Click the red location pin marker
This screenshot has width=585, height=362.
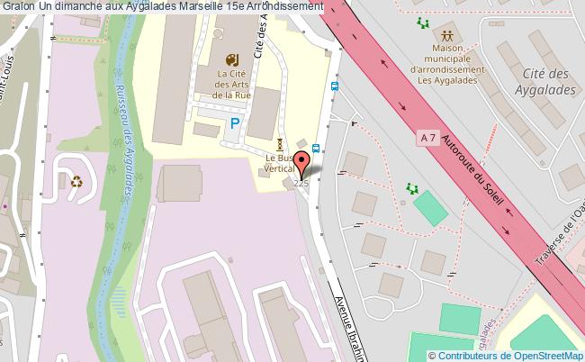pyautogui.click(x=302, y=163)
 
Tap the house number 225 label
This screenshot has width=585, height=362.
pyautogui.click(x=301, y=184)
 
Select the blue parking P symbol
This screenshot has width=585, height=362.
pyautogui.click(x=235, y=123)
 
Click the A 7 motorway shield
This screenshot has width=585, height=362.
pyautogui.click(x=430, y=137)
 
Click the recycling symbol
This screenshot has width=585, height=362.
pyautogui.click(x=77, y=180)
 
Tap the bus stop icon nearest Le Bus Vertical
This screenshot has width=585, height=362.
pyautogui.click(x=316, y=148)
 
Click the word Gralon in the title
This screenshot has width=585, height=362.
pyautogui.click(x=16, y=6)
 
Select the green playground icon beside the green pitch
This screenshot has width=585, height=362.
pyautogui.click(x=412, y=188)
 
